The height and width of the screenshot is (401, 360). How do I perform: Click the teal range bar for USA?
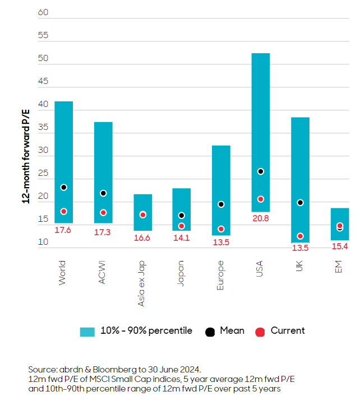261,112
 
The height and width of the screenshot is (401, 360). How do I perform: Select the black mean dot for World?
64,188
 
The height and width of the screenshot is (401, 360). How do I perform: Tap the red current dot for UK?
300,236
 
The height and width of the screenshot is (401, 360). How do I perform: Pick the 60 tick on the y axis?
43,12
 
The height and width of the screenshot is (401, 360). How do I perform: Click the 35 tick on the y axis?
43,128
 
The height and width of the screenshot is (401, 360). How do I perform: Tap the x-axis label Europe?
220,275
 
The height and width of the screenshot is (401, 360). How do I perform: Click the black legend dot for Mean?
210,332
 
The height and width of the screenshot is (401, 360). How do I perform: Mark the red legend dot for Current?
260,332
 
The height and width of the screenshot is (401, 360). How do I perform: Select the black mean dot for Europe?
221,204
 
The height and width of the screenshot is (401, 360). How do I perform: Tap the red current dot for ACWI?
103,213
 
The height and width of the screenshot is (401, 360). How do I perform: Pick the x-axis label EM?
339,268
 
